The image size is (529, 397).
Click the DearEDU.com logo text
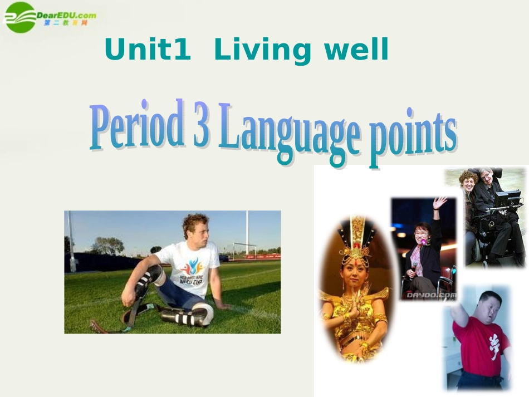66,14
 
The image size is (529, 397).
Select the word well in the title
356,51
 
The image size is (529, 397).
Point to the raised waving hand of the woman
440,203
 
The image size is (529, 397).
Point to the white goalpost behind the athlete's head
247,234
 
